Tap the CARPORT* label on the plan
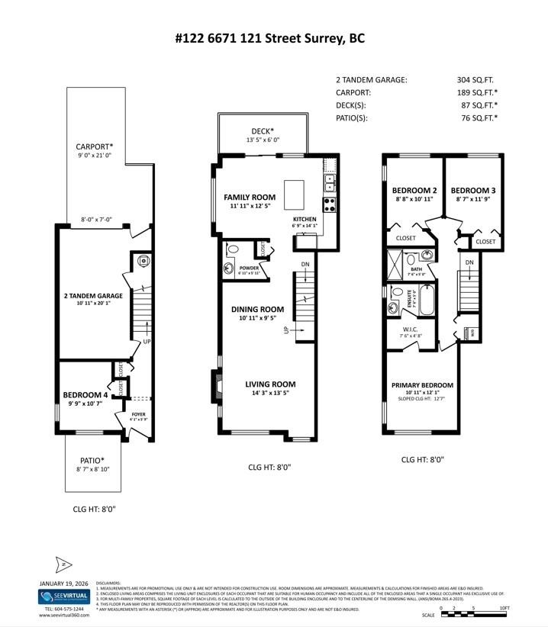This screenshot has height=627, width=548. (x=94, y=146)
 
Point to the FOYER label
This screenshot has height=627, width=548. (x=138, y=414)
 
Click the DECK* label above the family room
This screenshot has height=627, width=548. (x=263, y=131)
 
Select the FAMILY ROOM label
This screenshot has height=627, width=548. (x=250, y=198)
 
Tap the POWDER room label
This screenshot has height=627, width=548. (x=250, y=268)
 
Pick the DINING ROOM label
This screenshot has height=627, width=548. (x=257, y=310)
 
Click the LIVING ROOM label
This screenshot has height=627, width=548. (x=270, y=384)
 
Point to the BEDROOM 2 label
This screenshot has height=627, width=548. (x=414, y=190)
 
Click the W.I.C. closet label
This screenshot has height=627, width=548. (x=410, y=330)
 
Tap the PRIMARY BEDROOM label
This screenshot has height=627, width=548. (x=422, y=385)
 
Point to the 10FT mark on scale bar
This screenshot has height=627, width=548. (x=504, y=608)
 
